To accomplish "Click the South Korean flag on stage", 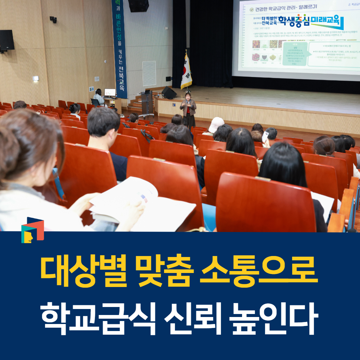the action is coord(186,72).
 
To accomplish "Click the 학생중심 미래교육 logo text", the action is coord(308,22).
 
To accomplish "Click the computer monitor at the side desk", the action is coord(110,92).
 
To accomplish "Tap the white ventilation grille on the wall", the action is coord(149,73).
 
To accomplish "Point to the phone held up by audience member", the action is coord(265,136).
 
